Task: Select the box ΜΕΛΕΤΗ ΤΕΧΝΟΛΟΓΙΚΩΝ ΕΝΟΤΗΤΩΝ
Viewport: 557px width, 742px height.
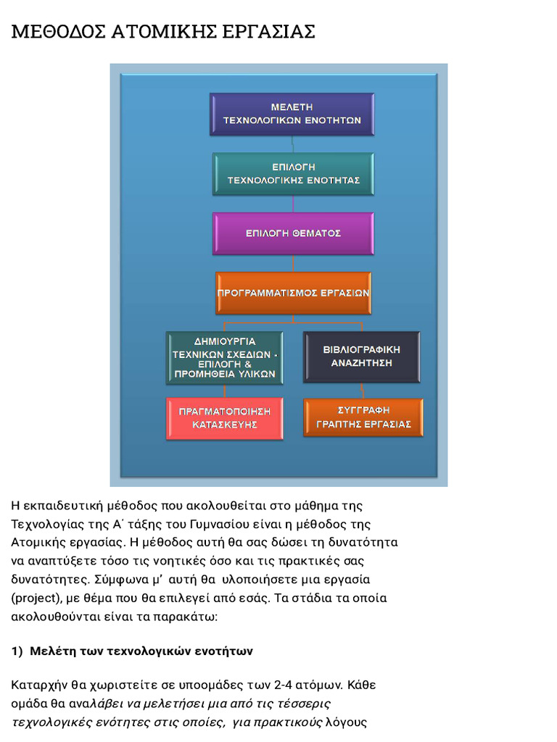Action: (292, 114)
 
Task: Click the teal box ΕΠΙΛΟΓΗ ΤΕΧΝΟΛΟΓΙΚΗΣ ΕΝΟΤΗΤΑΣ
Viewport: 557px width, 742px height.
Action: (293, 173)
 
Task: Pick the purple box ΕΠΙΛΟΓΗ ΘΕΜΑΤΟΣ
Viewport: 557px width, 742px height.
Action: (293, 233)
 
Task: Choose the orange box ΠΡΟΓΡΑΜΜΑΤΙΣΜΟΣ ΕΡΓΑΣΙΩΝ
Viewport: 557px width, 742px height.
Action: (293, 293)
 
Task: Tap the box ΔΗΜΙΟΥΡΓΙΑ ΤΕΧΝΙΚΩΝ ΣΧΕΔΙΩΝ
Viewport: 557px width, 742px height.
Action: (224, 357)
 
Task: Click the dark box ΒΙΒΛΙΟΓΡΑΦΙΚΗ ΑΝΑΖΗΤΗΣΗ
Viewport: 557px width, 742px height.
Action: (361, 357)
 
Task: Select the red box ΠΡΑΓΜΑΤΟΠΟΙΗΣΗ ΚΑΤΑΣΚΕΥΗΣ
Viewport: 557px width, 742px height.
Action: (224, 418)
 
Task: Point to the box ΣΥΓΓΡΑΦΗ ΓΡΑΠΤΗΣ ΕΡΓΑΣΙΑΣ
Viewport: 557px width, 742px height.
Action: (363, 417)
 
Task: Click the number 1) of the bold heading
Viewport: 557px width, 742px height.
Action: (17, 651)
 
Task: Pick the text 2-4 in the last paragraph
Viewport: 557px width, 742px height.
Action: (277, 685)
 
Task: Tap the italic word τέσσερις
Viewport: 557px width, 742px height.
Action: (303, 704)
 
